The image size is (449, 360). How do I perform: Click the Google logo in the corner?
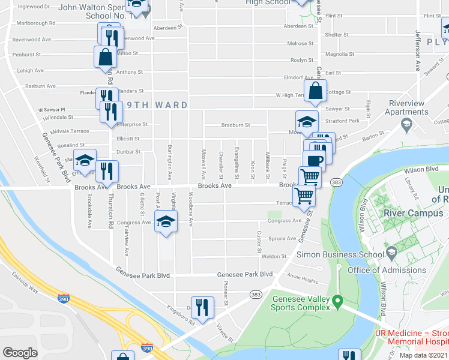coord(20,352)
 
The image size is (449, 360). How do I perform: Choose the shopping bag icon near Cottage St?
coord(315,91)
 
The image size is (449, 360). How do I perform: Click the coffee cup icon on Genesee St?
coord(313,160)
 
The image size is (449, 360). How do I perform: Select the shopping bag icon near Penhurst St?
coord(105,57)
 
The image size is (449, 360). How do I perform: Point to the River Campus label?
coord(409,213)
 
